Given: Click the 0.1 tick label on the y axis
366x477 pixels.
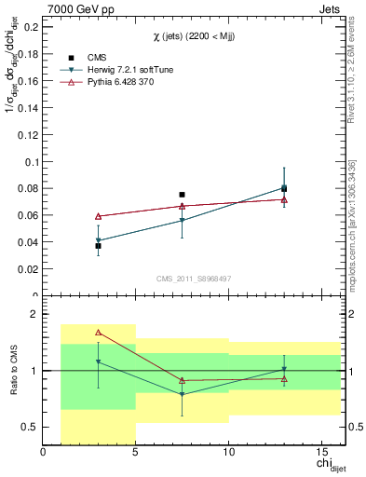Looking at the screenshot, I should coord(32,162).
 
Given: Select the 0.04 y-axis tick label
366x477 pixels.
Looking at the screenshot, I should coord(29,242).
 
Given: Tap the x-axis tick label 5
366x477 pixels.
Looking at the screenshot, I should coord(136,453).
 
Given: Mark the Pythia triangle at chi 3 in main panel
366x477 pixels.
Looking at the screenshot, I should coord(99,216).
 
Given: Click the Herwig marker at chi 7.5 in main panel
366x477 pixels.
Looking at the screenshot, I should coord(182,221).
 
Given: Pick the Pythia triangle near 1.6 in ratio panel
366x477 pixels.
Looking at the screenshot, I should coord(99,332).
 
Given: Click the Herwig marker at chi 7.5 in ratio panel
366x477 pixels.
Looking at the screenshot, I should coord(182,395).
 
